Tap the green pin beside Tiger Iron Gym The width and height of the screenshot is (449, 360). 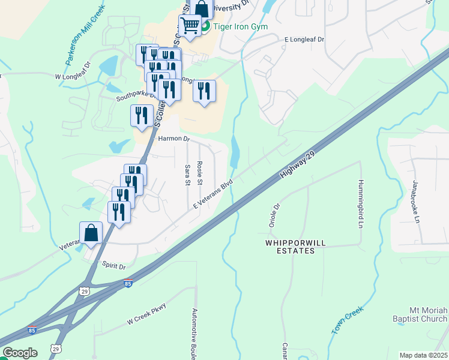(x=205, y=26)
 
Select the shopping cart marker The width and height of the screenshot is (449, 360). (x=190, y=26)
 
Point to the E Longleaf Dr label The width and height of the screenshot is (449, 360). (x=304, y=39)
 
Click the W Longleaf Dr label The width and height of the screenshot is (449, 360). (x=72, y=77)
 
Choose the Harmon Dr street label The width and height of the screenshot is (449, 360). (x=173, y=139)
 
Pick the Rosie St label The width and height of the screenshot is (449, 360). (x=200, y=173)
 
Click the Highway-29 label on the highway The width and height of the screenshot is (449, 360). (x=298, y=164)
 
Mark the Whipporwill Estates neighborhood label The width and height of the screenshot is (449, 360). (x=291, y=247)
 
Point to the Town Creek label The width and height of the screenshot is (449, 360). (x=348, y=322)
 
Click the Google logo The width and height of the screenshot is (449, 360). (x=20, y=353)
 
